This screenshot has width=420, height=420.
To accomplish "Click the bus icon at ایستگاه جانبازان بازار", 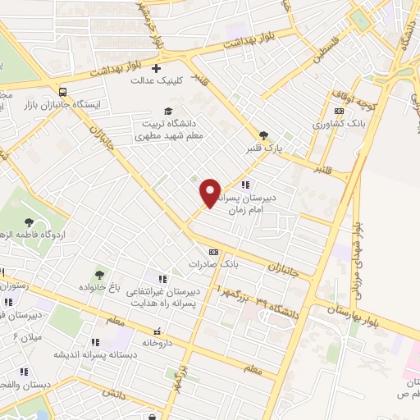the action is pos(63,92).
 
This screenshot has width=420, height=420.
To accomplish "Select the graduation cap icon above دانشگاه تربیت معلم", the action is pos(168,111).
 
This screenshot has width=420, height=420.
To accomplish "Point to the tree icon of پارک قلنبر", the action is pos(262,135).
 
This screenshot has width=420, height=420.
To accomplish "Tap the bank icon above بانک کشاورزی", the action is pos(339,111).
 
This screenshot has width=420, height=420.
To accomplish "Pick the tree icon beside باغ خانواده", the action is pos(100,274).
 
